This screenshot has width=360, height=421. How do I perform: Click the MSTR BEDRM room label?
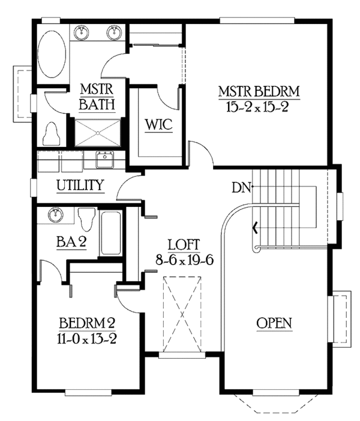pos(259,92)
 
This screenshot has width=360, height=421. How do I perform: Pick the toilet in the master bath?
pos(52,134)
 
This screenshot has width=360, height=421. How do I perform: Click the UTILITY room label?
pos(80,185)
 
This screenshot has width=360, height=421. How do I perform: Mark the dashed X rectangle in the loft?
pos(182,315)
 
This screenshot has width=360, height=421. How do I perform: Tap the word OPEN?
pos(274,323)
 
